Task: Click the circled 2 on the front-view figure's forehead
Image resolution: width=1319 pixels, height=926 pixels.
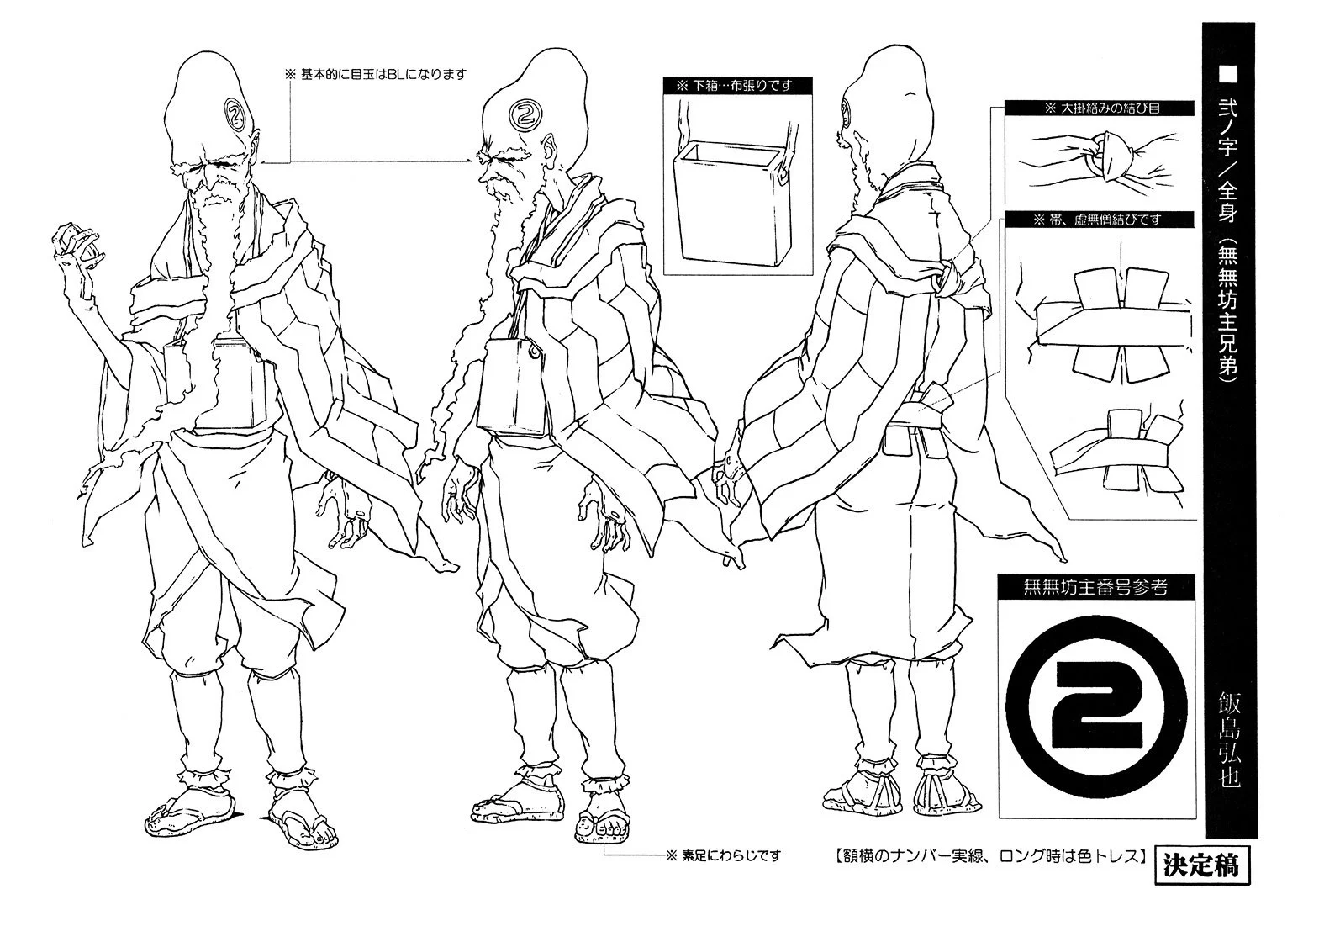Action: (x=235, y=108)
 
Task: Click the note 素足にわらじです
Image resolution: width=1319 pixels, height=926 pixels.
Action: (x=723, y=855)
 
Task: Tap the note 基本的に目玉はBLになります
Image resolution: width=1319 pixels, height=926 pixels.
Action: (x=375, y=74)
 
